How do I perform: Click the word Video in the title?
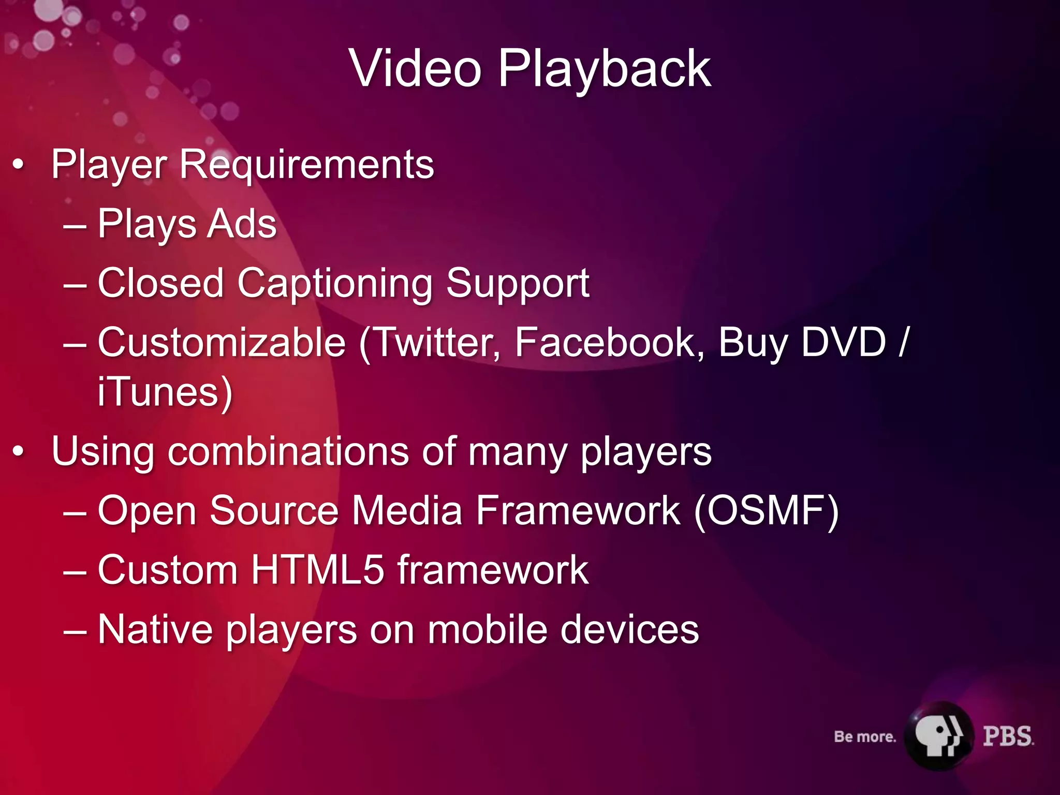coord(416,68)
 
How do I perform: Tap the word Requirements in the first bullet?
coord(306,165)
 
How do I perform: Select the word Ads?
coord(242,224)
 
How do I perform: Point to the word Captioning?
coord(334,284)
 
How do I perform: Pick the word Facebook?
coord(609,343)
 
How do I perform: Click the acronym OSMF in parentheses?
coord(766,511)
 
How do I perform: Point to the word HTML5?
coord(318,570)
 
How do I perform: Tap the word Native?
coord(155,629)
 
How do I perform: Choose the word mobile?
coord(487,629)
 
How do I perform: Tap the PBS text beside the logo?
coord(1008,736)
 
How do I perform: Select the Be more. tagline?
coord(864,737)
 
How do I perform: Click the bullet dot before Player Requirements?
coord(19,165)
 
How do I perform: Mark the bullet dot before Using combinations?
coord(19,452)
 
